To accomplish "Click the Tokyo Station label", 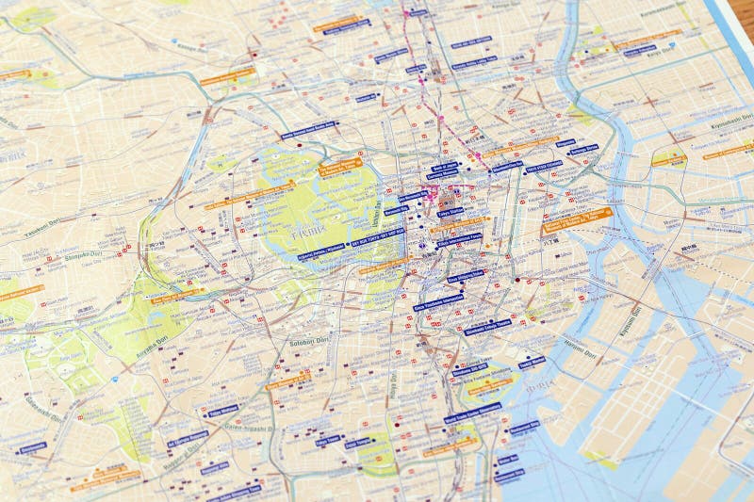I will [451, 213].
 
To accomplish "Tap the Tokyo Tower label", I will [328, 439].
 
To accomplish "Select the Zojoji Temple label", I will [358, 443].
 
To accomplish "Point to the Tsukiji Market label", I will [532, 362].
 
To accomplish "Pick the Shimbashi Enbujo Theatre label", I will [487, 329].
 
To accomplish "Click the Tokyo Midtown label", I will [222, 411].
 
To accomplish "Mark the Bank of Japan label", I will [444, 167].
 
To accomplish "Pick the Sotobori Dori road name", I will [307, 342].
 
